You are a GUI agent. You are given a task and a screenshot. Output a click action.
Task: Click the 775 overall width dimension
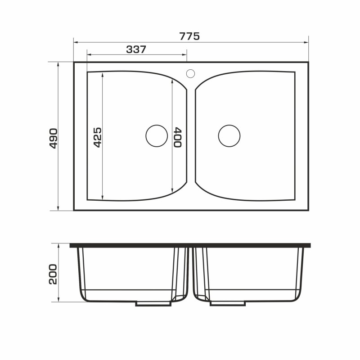pos(189,36)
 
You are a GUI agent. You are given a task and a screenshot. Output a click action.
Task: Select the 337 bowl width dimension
pos(136,49)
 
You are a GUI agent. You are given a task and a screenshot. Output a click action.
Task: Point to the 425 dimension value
pos(97,137)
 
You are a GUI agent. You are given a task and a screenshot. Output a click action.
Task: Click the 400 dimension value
pos(178,137)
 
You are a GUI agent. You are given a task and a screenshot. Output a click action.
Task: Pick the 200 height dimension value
pos(53,274)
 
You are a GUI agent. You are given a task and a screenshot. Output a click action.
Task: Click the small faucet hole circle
pos(190,73)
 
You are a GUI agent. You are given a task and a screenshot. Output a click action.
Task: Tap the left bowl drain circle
pos(157,136)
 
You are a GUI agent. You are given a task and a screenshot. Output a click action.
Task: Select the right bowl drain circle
pos(229,136)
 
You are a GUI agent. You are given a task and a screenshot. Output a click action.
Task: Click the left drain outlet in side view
pos(153,303)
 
